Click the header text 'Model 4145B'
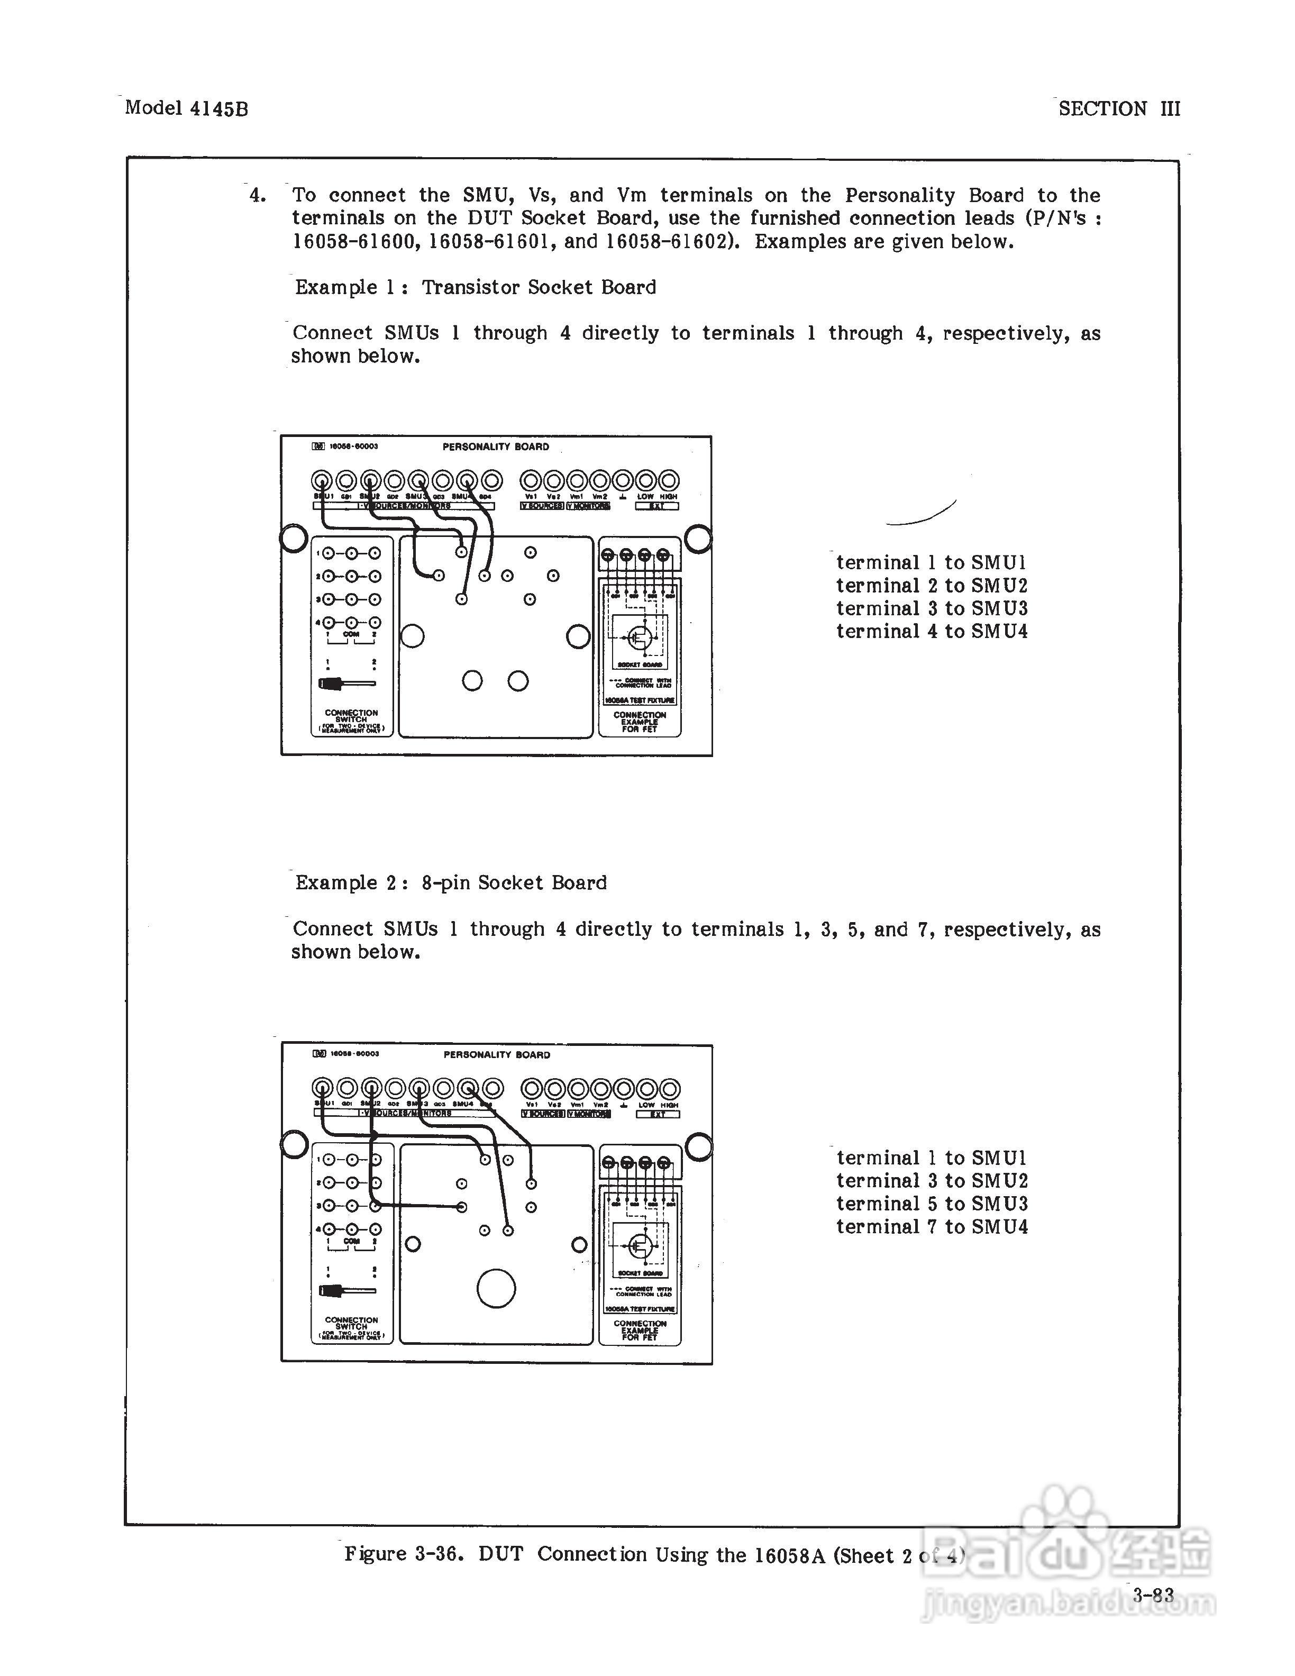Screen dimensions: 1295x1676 point(186,108)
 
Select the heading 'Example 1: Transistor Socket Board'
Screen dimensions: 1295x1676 point(476,288)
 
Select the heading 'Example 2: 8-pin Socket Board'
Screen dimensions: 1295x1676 point(451,883)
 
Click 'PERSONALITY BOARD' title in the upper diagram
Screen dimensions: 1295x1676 point(496,447)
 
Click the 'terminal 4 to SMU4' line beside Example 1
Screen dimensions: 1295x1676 point(932,632)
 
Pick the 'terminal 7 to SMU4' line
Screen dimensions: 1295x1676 point(932,1227)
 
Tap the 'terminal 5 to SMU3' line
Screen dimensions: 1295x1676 point(932,1204)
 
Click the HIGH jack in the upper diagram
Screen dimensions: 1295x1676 point(669,481)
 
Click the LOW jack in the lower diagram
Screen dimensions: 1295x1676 point(647,1089)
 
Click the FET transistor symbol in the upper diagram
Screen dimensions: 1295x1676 point(639,637)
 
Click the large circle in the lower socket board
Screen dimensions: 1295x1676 point(496,1289)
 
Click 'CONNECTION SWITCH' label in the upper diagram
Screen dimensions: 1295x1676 point(351,716)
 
